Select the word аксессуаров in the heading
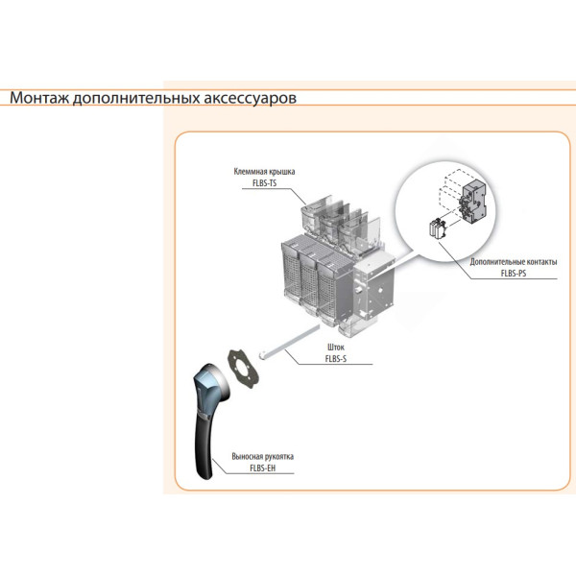[x=252, y=98]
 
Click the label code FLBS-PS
[x=513, y=273]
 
